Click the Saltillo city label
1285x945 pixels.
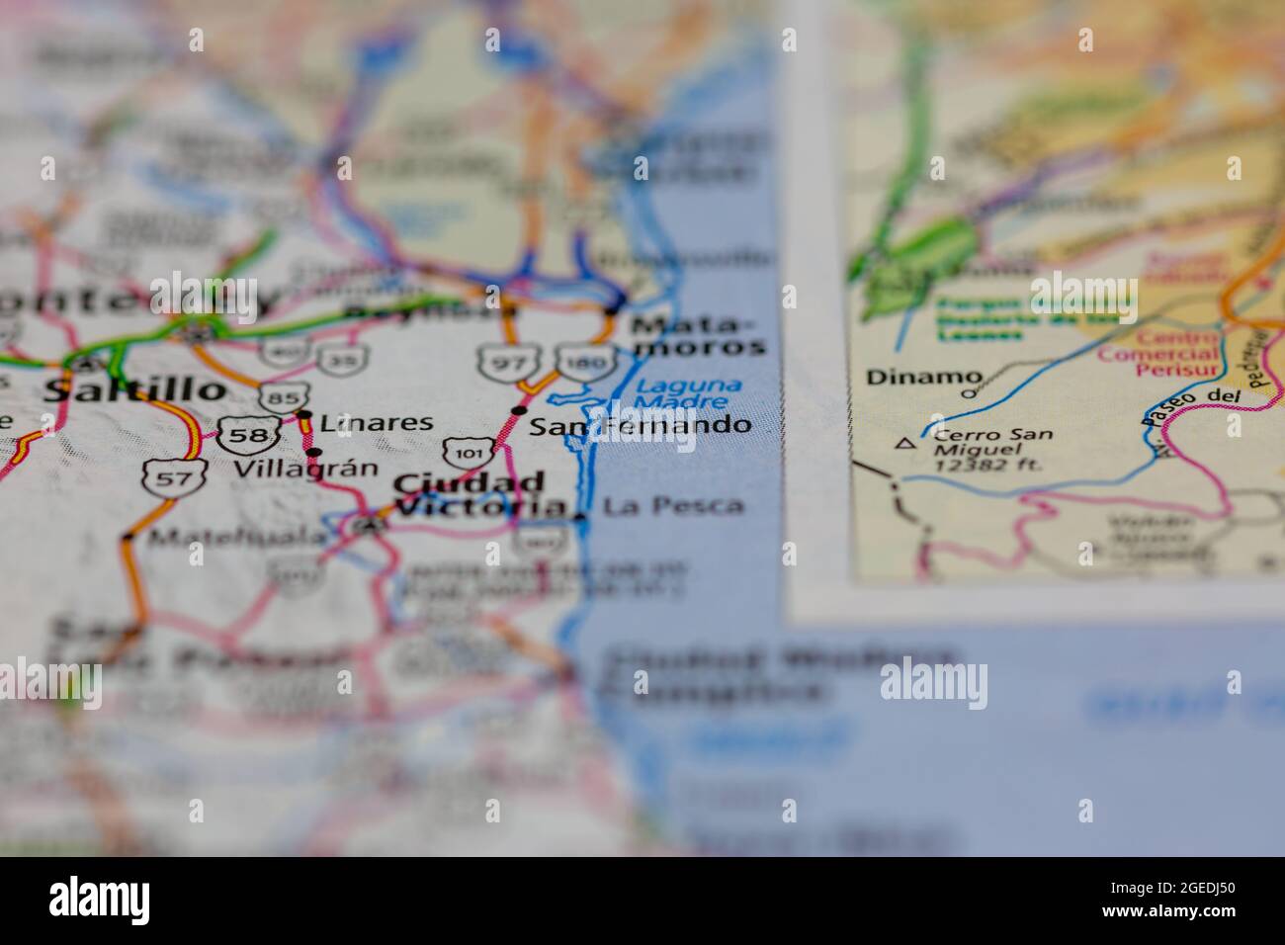135,388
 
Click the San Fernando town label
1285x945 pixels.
640,427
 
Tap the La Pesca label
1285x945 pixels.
673,506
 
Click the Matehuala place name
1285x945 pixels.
237,538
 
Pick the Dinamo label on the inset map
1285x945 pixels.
924,377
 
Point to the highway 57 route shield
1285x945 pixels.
161,478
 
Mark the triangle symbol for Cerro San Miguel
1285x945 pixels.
903,444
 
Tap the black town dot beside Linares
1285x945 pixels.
304,415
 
